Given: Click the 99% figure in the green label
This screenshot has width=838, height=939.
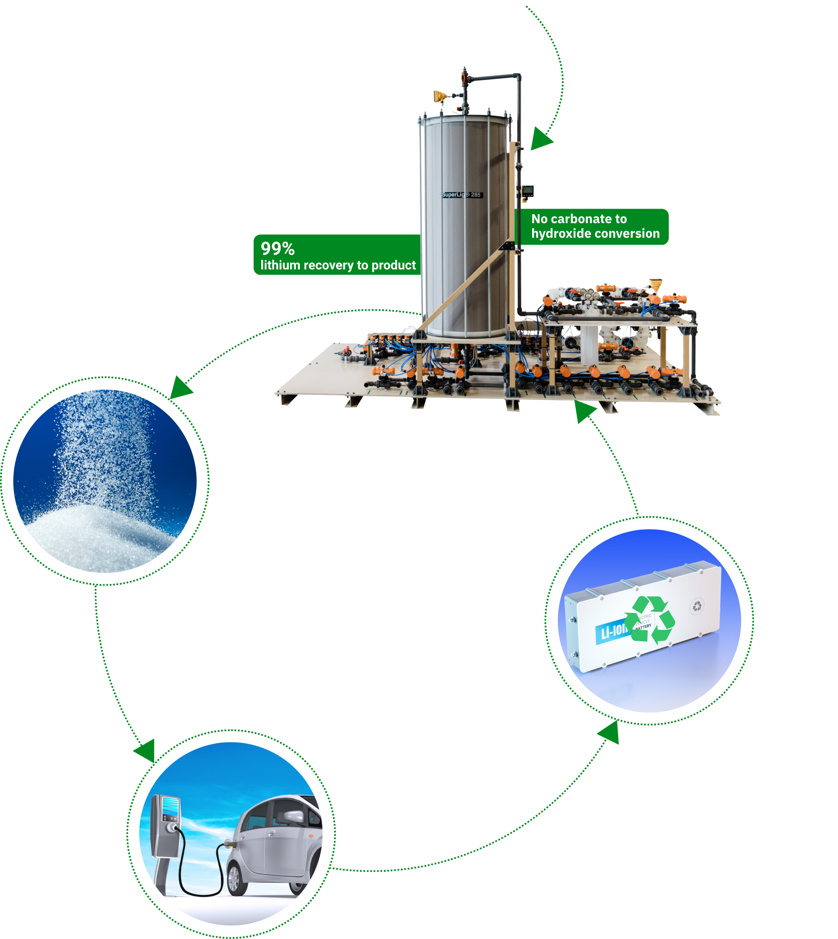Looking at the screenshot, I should pyautogui.click(x=277, y=248).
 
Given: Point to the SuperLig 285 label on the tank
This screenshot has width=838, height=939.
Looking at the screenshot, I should pyautogui.click(x=462, y=195).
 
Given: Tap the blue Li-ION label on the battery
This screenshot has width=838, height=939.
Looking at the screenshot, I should pyautogui.click(x=612, y=632).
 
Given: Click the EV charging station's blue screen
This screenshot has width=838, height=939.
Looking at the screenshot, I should pyautogui.click(x=171, y=805).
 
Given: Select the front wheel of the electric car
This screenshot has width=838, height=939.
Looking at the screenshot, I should pyautogui.click(x=234, y=879).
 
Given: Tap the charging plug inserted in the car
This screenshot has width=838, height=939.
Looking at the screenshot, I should pyautogui.click(x=228, y=844).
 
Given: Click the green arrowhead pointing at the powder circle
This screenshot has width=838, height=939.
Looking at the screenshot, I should pyautogui.click(x=181, y=388).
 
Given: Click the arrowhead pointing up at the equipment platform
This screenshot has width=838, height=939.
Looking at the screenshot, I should pyautogui.click(x=584, y=410).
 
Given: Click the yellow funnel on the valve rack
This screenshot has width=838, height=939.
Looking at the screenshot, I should pyautogui.click(x=655, y=284).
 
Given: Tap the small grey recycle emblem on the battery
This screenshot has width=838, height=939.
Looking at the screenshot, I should pyautogui.click(x=697, y=607).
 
